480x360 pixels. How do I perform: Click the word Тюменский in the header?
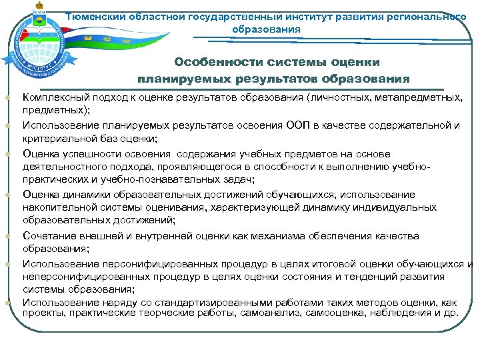click(113, 17)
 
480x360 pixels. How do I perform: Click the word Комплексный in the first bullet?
click(53, 97)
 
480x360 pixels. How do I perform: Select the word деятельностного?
click(62, 167)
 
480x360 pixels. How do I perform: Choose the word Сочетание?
click(47, 236)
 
